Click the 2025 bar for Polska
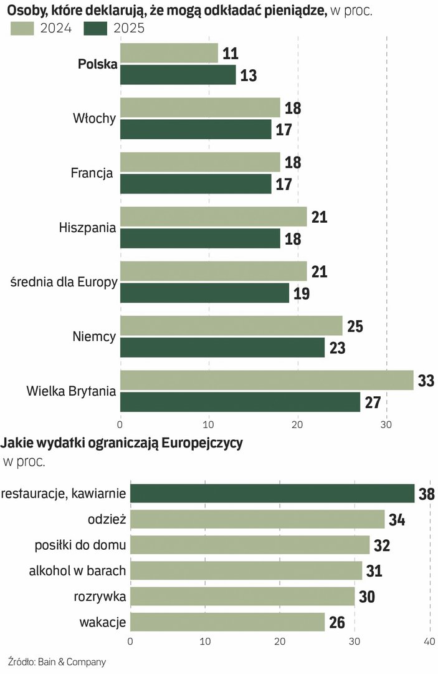pos(178,75)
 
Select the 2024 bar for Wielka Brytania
pos(266,380)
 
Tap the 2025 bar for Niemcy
pos(222,348)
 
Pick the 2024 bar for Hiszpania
pos(213,217)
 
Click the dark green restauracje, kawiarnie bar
pos(272,493)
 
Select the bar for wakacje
pos(227,622)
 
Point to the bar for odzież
pos(257,519)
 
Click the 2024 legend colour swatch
pos(22,28)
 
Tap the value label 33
pos(426,380)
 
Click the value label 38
pos(426,494)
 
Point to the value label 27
pos(373,403)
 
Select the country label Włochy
pos(94,119)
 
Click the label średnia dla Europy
pos(64,282)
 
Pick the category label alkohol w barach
pos(77,570)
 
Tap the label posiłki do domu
pos(80,545)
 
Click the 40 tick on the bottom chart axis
pos(429,642)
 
